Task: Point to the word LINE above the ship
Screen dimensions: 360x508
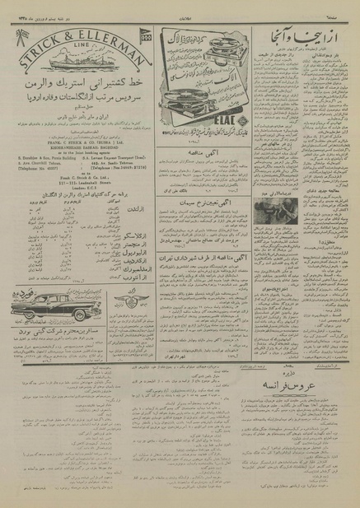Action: [x=77, y=45]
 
